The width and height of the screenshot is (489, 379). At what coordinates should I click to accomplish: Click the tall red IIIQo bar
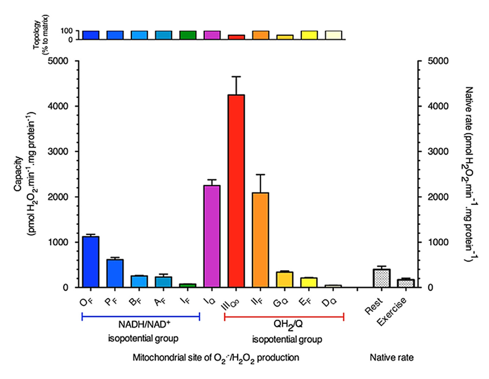coord(236,191)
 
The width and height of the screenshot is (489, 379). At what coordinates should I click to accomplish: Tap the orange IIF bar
coord(260,240)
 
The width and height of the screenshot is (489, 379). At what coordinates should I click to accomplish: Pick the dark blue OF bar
coord(90,262)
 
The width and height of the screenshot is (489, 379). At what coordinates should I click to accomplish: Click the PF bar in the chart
coord(115,273)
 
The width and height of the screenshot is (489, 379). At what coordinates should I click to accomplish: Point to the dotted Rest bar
coord(382,278)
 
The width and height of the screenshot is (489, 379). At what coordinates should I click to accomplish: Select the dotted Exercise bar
coord(405,283)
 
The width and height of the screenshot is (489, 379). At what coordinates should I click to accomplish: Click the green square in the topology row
coord(188,35)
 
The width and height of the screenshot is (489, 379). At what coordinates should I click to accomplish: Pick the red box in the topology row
coord(236,37)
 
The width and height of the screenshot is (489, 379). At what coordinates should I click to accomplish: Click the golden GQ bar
coord(285,279)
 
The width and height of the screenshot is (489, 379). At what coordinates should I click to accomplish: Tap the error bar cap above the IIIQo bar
coord(236,76)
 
